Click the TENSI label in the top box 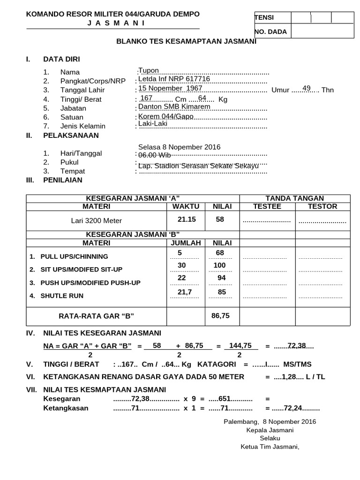(264, 18)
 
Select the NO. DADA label (270, 32)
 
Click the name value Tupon (149, 70)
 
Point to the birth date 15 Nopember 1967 (170, 88)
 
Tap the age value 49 (307, 88)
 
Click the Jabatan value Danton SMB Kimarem (174, 106)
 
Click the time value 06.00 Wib (155, 155)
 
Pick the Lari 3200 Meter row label (96, 220)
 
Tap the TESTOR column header (322, 206)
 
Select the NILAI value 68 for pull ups (220, 253)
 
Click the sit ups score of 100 (219, 265)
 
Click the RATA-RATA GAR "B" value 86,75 (220, 316)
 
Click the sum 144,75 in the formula (240, 345)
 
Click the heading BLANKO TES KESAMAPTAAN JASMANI (186, 41)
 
